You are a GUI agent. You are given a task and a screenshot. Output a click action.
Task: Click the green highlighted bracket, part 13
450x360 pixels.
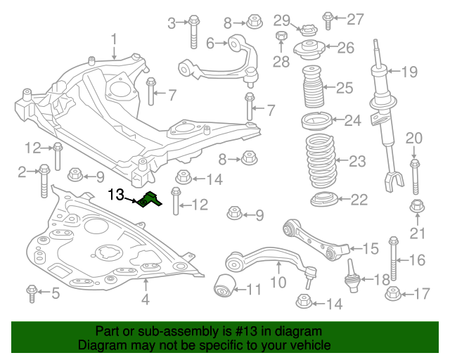(x=149, y=201)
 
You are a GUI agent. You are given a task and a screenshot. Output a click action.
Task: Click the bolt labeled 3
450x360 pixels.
(x=193, y=30)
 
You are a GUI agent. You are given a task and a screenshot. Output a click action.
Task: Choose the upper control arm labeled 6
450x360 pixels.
(x=218, y=60)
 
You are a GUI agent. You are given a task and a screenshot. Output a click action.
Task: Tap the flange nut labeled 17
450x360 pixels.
(x=393, y=293)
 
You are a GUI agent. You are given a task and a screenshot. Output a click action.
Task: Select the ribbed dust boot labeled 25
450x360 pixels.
(x=314, y=89)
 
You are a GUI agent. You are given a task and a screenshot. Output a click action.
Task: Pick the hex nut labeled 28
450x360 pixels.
(x=281, y=37)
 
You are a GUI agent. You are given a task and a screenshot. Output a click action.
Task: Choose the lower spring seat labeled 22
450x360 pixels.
(x=326, y=200)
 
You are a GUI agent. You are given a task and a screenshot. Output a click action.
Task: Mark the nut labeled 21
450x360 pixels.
(x=416, y=207)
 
